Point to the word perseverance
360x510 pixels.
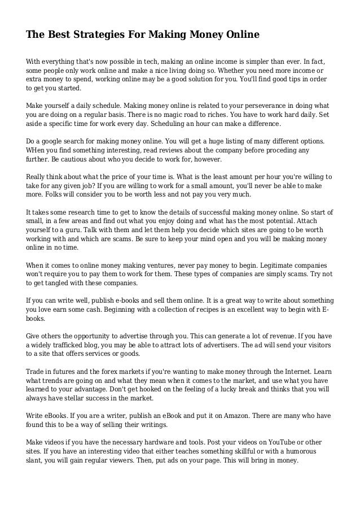pos(230,106)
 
